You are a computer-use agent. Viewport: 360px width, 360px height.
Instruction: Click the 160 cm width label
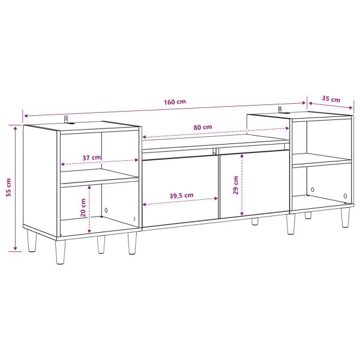tap(175, 101)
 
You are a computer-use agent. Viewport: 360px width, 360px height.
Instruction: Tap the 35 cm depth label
tap(331, 99)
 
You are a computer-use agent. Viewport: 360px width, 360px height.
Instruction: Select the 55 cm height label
tap(8, 187)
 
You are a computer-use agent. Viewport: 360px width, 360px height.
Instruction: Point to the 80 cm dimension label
tap(203, 127)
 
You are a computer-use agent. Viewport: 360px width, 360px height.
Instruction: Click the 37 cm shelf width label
tap(91, 158)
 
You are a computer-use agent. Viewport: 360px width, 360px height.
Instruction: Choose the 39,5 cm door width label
tap(181, 196)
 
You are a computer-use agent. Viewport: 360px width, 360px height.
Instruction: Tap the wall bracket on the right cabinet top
tap(280, 110)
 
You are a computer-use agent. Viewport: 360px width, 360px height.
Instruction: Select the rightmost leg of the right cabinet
tap(346, 218)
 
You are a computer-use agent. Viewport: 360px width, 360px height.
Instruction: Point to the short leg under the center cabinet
tap(255, 221)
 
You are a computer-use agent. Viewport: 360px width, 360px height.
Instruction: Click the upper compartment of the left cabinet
tap(99, 150)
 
